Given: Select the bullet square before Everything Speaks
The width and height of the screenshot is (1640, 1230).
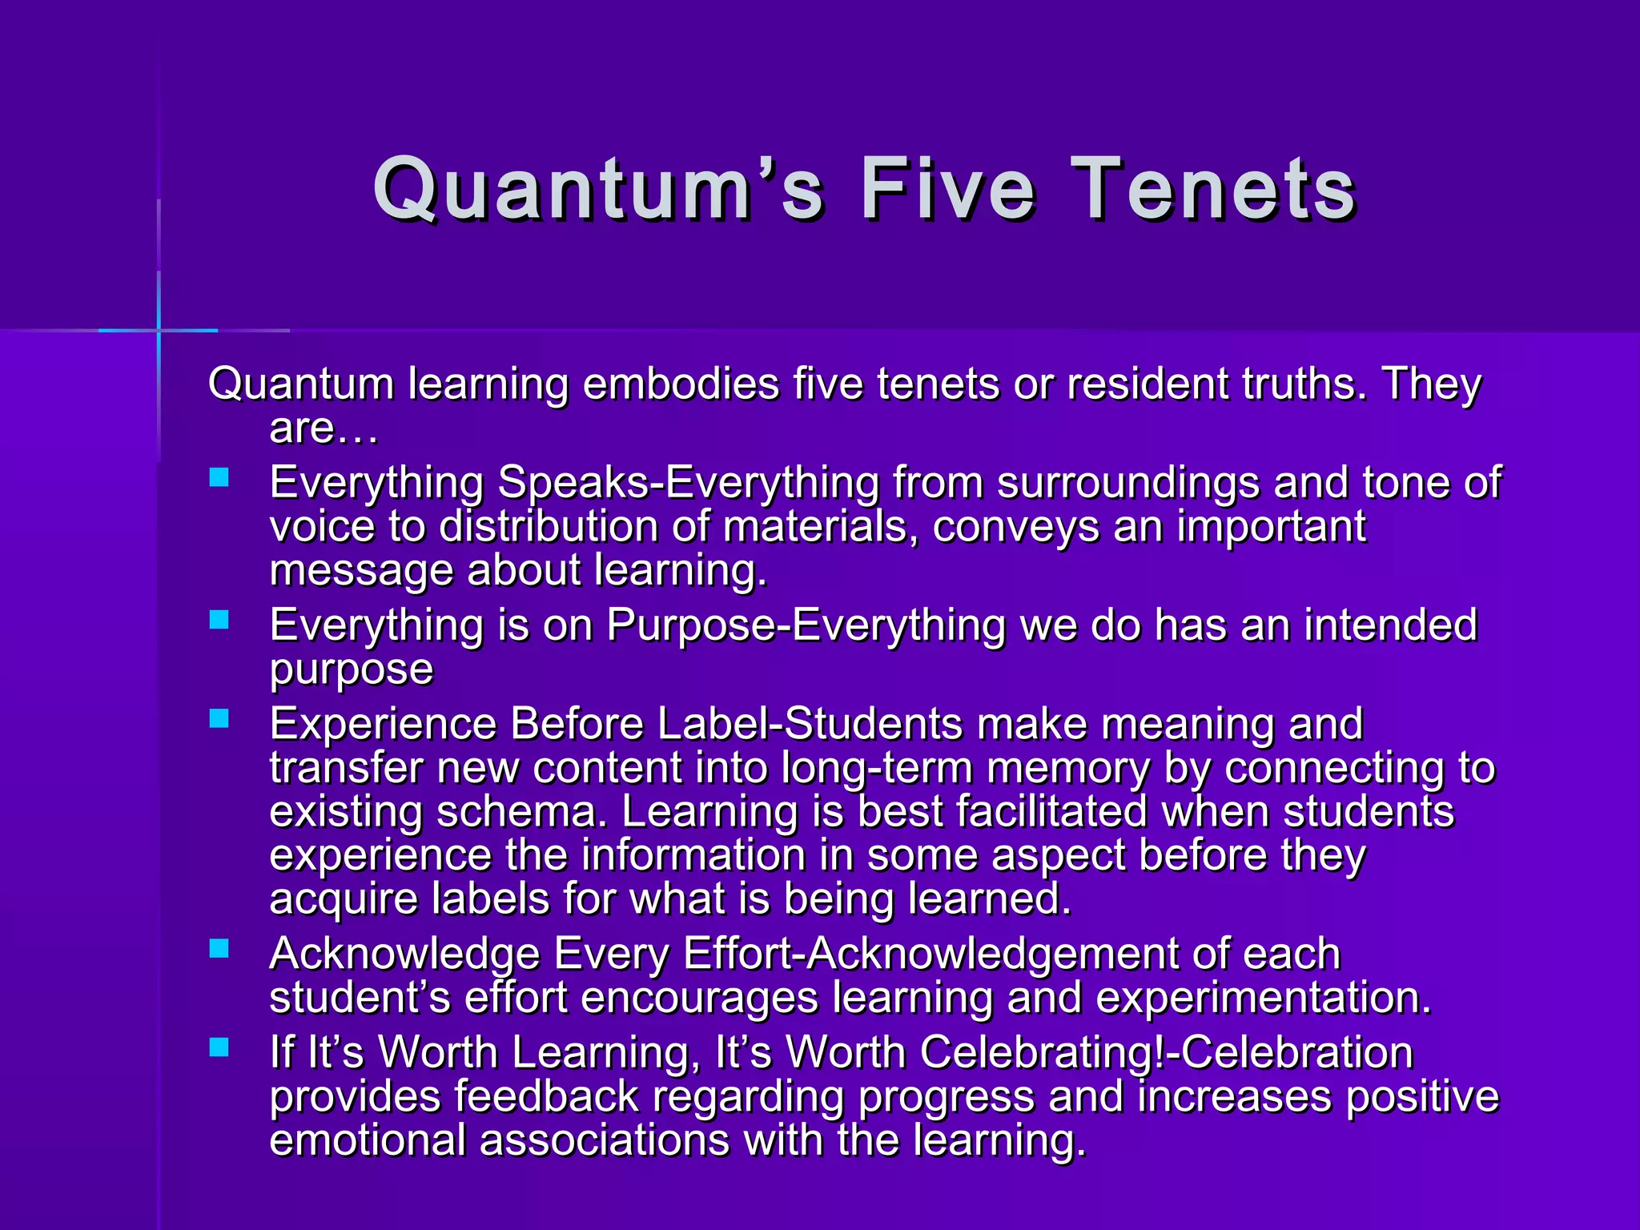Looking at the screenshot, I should [219, 478].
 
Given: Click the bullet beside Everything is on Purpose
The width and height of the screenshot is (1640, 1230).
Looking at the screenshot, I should [219, 620].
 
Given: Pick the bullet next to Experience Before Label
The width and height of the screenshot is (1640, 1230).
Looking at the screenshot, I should [219, 718].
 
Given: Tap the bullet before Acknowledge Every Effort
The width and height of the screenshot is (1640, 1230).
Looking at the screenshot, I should [219, 949].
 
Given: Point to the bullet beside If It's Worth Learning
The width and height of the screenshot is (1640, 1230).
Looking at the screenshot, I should [219, 1047].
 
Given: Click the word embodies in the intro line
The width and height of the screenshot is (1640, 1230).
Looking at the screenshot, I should [681, 384].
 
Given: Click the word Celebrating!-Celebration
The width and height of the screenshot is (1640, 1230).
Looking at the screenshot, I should [1166, 1052].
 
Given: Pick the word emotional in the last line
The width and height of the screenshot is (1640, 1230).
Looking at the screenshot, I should [368, 1140].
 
